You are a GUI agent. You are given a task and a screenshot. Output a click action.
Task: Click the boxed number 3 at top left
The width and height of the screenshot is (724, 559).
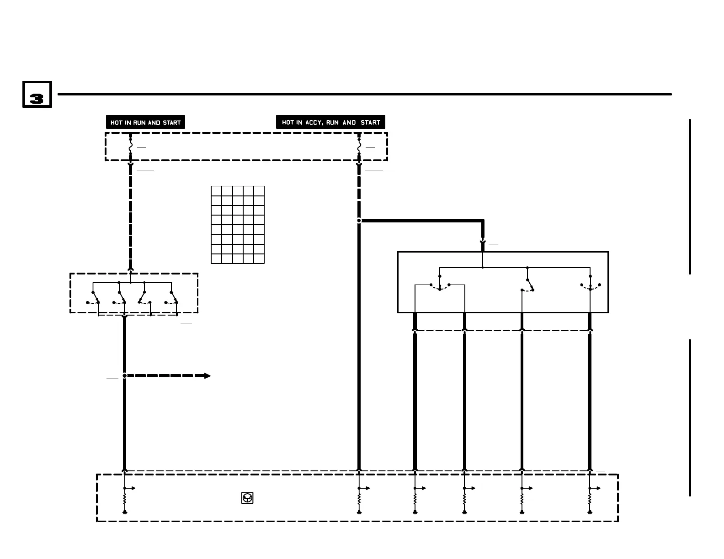[37, 95]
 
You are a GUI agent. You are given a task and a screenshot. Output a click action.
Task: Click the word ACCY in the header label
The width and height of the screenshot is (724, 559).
[314, 122]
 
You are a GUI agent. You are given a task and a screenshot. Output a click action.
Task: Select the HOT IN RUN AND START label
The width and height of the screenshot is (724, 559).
[145, 122]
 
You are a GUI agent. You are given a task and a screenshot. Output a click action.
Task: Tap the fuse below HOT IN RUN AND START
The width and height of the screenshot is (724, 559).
[130, 147]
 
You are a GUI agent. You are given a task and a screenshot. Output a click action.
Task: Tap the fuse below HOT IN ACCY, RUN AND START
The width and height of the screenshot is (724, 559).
[359, 147]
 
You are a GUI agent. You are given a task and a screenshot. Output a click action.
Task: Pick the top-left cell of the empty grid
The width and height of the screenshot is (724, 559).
[216, 191]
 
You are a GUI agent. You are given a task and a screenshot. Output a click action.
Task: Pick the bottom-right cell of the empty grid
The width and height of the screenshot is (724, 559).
[259, 258]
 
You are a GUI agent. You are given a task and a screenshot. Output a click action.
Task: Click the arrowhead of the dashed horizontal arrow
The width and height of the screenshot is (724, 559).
[207, 376]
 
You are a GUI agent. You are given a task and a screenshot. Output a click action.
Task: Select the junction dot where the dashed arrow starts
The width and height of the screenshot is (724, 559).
[124, 376]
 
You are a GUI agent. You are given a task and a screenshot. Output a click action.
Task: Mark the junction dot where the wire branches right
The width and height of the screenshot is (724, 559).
[359, 221]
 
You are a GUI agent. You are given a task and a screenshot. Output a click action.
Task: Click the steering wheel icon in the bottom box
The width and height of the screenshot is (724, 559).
[247, 498]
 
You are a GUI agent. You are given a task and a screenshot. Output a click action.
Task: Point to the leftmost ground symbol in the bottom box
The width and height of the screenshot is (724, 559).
[124, 513]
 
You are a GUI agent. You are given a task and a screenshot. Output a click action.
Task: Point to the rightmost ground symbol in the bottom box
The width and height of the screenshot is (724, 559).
[590, 513]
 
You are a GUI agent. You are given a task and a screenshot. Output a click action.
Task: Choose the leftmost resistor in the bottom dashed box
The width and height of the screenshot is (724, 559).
[124, 501]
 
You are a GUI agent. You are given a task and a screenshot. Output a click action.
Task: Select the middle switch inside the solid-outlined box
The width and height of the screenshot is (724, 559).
[529, 285]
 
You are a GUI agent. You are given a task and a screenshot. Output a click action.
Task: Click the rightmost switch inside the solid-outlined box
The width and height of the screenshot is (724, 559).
[590, 286]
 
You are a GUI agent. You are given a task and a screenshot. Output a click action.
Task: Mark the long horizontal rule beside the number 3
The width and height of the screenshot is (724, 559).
[364, 95]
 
